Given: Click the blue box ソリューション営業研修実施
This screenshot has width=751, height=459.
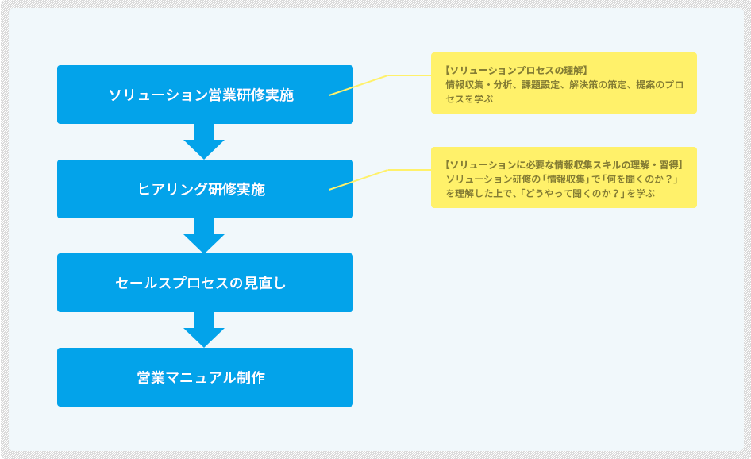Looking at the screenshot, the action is tap(205, 94).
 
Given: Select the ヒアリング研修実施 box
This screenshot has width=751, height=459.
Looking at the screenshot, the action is tap(205, 189).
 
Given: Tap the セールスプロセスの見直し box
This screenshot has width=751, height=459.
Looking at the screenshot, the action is tap(205, 283).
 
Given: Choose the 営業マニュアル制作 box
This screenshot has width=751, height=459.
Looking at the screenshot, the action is tap(205, 377).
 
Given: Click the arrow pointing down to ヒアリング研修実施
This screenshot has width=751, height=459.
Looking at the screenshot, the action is tap(204, 141).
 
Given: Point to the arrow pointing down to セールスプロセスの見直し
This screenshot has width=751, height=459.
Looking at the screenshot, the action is tap(204, 236).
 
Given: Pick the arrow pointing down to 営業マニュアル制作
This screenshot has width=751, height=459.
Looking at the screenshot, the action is tap(204, 330).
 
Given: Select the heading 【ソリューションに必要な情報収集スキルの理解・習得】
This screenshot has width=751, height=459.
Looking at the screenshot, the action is tap(564, 165).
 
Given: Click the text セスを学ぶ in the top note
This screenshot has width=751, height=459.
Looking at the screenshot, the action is tap(469, 98).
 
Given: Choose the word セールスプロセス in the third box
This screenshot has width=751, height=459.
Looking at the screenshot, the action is tap(172, 283).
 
